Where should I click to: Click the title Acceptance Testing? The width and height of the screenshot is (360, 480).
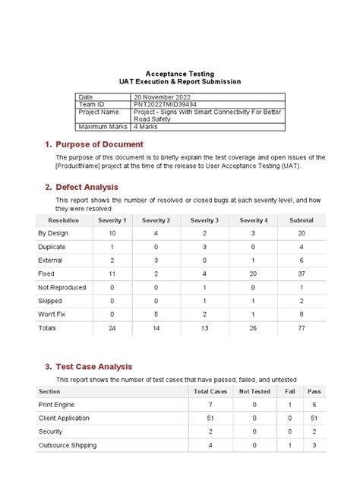tap(180, 73)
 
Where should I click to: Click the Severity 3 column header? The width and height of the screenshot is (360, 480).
tap(204, 220)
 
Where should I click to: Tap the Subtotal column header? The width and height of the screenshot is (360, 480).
tap(302, 220)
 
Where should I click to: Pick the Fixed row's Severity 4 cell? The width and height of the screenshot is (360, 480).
tap(253, 274)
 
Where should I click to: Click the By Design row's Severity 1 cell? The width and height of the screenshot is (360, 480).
tap(112, 233)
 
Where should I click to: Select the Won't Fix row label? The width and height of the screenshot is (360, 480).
tap(52, 314)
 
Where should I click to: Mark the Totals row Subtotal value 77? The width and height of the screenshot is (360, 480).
tap(302, 329)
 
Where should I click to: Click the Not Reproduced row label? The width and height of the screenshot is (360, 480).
tap(62, 288)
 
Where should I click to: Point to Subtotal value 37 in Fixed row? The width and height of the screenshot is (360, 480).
tap(302, 274)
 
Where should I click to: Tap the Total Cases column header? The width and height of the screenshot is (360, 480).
tap(210, 391)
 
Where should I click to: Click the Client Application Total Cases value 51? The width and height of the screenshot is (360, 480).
tap(210, 418)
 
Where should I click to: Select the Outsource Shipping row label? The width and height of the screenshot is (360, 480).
tap(68, 445)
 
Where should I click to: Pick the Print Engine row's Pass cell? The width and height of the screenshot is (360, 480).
tap(314, 405)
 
